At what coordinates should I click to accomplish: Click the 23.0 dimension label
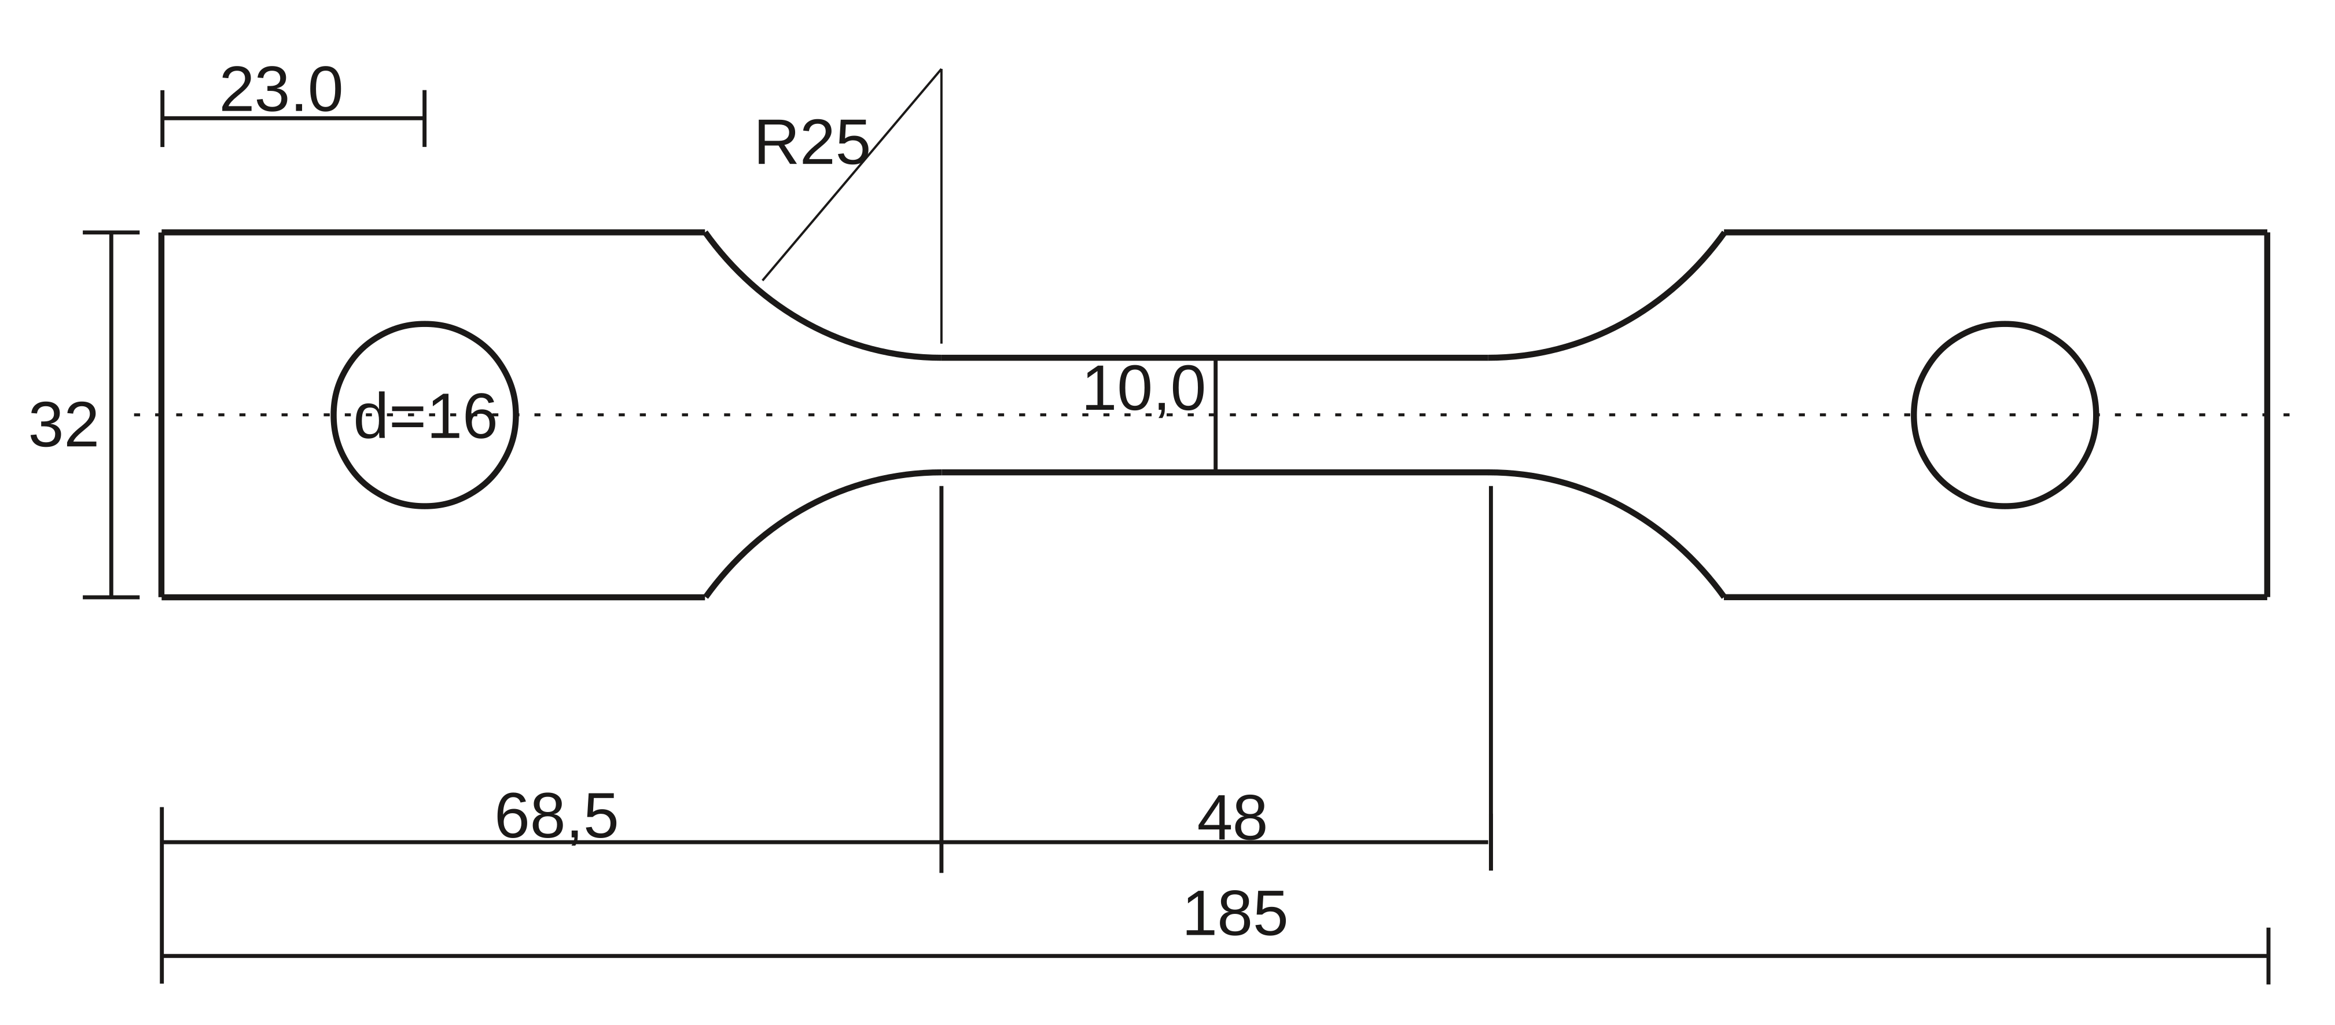[x=281, y=91]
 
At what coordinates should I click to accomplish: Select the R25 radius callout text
[x=812, y=142]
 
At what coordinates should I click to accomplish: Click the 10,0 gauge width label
[x=1144, y=390]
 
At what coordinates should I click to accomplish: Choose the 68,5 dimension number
[x=557, y=817]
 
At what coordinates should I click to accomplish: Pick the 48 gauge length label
[x=1232, y=820]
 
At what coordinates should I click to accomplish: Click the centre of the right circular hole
[x=2006, y=415]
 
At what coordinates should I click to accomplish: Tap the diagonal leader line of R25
[x=851, y=175]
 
